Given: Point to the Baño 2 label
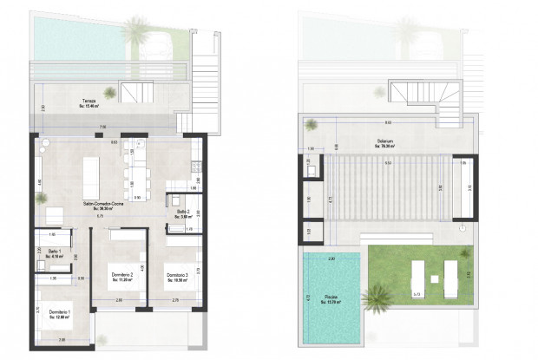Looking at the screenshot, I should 182,213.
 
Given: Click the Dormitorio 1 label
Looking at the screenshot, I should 60,313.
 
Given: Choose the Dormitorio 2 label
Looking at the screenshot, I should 121,278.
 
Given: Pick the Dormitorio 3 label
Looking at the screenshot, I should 178,278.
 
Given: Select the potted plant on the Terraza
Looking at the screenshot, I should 109,92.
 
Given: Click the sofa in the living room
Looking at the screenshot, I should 53,213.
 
